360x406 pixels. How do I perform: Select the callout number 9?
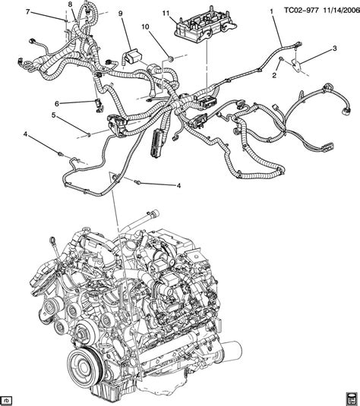tap(120, 14)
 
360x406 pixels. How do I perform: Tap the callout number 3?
tap(333, 49)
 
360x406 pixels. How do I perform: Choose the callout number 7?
tap(28, 13)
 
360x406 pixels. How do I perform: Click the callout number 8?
tap(70, 6)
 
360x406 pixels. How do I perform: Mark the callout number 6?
tap(56, 102)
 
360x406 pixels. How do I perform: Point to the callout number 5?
tap(53, 115)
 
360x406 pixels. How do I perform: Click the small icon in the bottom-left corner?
tap(7, 398)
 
